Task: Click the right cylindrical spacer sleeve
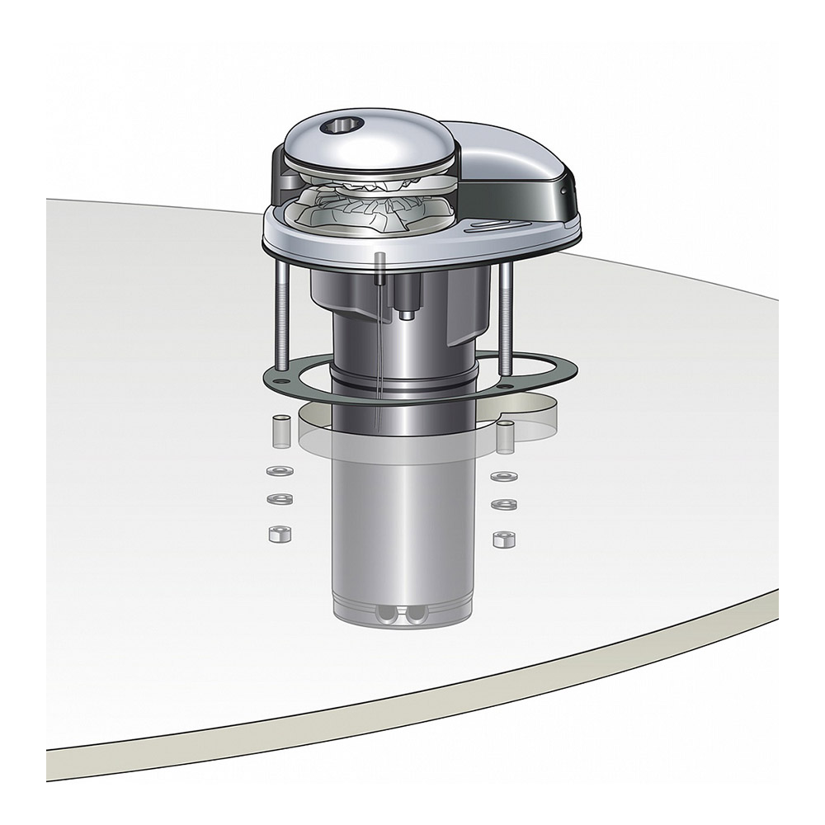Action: [x=504, y=436]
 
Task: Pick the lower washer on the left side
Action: [x=279, y=498]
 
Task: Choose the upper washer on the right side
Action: [x=500, y=477]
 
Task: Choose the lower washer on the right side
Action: [x=501, y=503]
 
